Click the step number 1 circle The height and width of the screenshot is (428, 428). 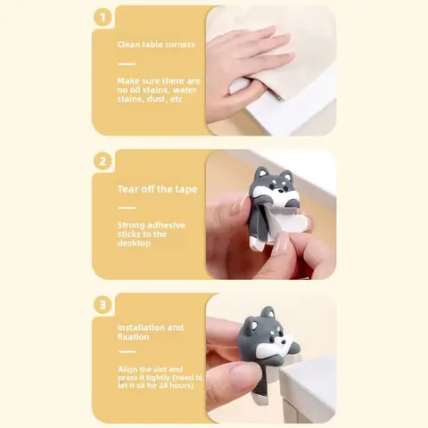point(103,18)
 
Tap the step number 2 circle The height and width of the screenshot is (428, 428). point(103,161)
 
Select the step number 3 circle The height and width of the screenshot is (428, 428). point(103,305)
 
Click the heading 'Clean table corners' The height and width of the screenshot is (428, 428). point(156,45)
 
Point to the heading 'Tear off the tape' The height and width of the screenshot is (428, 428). point(158,189)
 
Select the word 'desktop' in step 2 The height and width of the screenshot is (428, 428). point(134,243)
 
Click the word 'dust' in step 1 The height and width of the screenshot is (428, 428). point(157,99)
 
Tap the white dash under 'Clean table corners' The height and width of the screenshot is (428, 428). point(127,64)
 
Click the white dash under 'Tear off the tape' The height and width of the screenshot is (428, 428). point(127,208)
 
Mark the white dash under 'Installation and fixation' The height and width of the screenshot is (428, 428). point(127,351)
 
